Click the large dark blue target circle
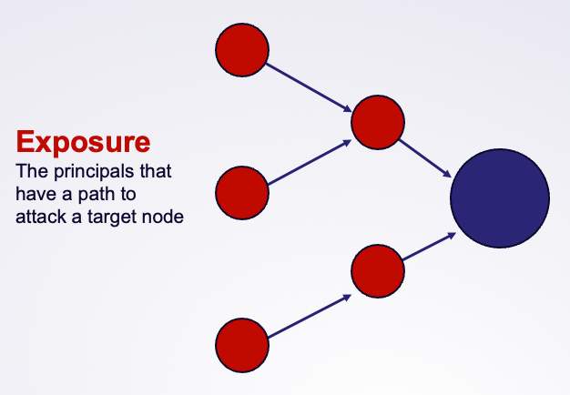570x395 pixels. point(500,198)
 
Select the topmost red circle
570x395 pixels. point(242,50)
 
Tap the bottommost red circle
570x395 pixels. point(242,345)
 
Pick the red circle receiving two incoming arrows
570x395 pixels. point(378,122)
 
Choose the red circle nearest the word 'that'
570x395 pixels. point(242,193)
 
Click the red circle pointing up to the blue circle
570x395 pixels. point(378,271)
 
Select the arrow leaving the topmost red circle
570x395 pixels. point(309,87)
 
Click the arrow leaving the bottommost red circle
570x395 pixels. point(310,316)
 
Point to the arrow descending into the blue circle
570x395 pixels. point(425,158)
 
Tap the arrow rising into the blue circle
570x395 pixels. point(429,247)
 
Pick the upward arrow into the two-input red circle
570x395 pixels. point(310,162)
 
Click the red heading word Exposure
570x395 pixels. point(83,142)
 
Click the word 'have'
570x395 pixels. point(36,194)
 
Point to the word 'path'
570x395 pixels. point(97,194)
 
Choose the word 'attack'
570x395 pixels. point(41,217)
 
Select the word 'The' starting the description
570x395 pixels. point(32,171)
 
